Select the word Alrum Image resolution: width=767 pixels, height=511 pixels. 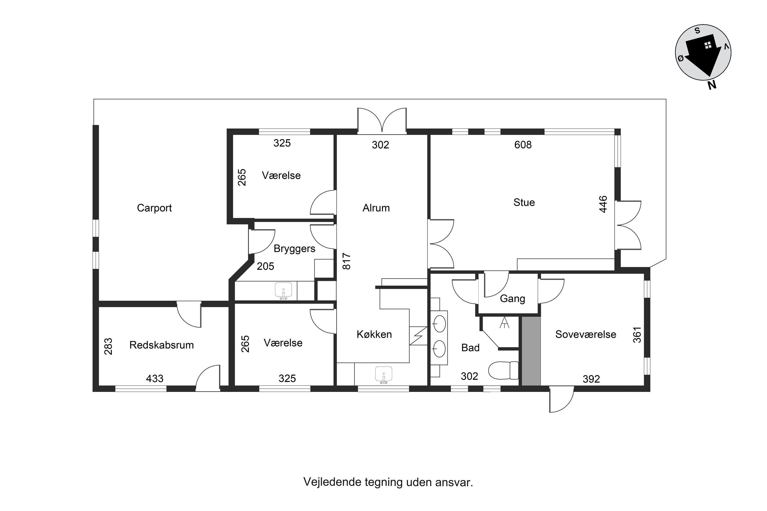click(376, 208)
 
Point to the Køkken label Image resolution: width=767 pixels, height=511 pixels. click(374, 334)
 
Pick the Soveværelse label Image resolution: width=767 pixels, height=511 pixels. click(585, 334)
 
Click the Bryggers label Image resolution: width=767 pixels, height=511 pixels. click(294, 249)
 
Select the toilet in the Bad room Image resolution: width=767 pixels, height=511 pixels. click(503, 370)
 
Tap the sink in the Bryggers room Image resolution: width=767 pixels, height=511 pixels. click(283, 290)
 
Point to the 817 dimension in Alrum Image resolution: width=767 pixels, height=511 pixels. click(346, 261)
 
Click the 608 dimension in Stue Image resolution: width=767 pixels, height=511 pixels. click(523, 145)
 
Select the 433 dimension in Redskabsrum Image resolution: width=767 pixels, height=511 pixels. click(155, 379)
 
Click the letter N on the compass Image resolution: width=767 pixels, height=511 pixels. click(712, 85)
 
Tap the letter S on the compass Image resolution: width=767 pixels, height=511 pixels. click(697, 31)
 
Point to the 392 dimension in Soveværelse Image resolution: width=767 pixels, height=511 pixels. click(591, 379)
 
